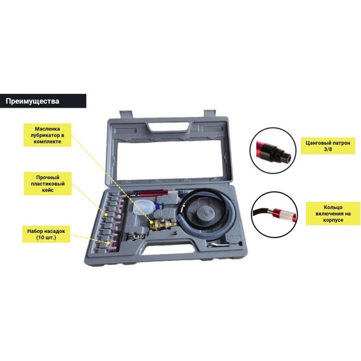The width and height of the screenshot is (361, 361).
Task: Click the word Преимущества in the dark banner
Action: pyautogui.click(x=32, y=101)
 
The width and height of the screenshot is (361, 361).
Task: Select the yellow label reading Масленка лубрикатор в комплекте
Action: pyautogui.click(x=47, y=135)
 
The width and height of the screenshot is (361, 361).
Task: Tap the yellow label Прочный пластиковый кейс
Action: pyautogui.click(x=47, y=184)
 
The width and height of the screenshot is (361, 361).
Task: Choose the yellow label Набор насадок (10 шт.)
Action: pyautogui.click(x=46, y=234)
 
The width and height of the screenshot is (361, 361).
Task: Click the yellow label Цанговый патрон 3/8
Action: pyautogui.click(x=328, y=146)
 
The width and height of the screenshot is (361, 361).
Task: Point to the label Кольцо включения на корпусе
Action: pyautogui.click(x=333, y=213)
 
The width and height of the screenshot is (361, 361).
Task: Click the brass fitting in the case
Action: pyautogui.click(x=163, y=224)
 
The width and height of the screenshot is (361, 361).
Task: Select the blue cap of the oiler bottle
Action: pyautogui.click(x=160, y=206)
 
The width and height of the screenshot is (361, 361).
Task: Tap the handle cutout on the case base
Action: pyautogui.click(x=170, y=249)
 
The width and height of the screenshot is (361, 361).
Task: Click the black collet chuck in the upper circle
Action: pyautogui.click(x=275, y=153)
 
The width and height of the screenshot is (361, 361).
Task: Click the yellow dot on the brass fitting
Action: pyautogui.click(x=152, y=222)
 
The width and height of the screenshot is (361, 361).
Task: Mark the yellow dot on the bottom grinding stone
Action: pyautogui.click(x=108, y=243)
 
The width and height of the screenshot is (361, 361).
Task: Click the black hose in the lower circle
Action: pyautogui.click(x=261, y=211)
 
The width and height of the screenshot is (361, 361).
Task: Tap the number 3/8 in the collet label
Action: pyautogui.click(x=328, y=149)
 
